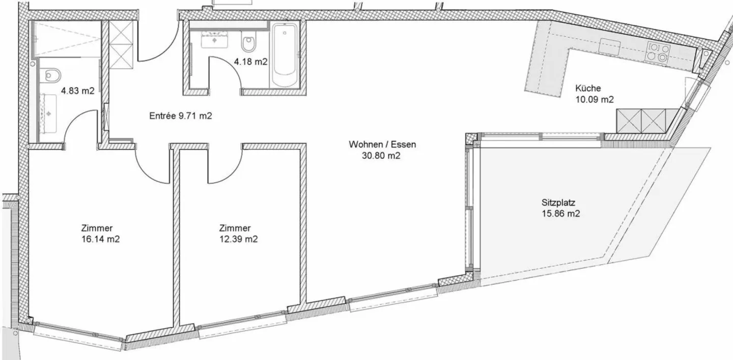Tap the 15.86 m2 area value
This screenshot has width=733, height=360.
pyautogui.click(x=561, y=214)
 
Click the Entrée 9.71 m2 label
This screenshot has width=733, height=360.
pyautogui.click(x=180, y=116)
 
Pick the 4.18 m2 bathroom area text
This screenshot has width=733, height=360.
pyautogui.click(x=250, y=62)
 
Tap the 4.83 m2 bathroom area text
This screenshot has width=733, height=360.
pyautogui.click(x=78, y=92)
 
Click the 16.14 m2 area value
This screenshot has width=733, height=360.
pyautogui.click(x=100, y=239)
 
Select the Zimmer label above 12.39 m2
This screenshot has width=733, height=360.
pyautogui.click(x=235, y=228)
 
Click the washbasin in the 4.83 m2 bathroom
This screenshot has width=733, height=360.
pyautogui.click(x=50, y=112)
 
